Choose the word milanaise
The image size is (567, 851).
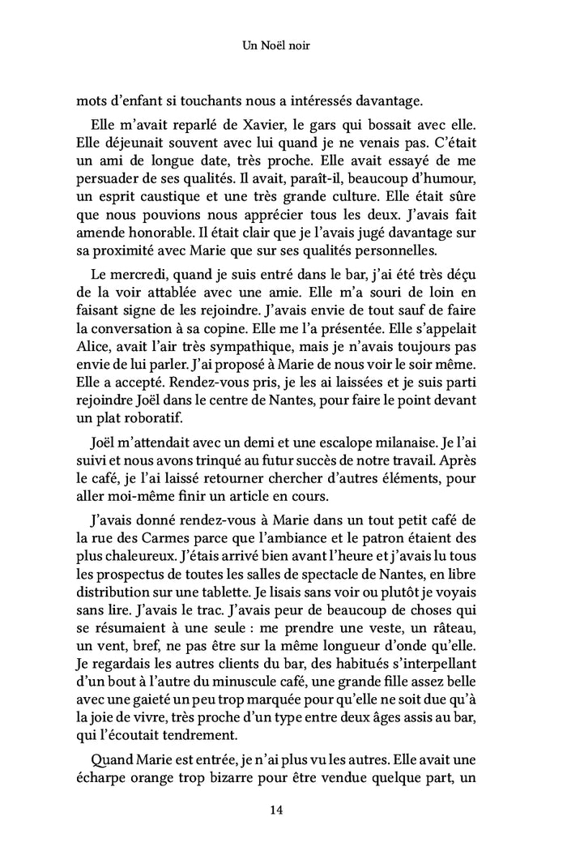tap(402, 445)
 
